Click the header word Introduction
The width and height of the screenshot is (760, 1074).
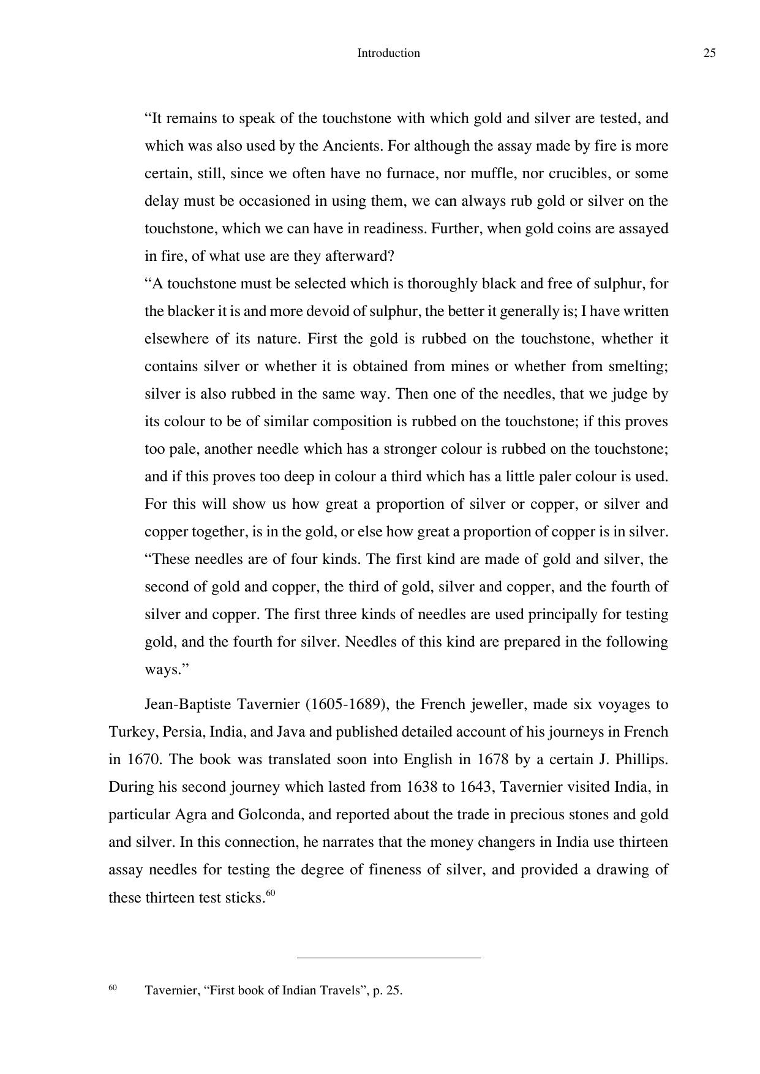[x=388, y=53]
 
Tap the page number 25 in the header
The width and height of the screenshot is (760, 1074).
[x=709, y=53]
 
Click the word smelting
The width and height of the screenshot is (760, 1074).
[x=638, y=367]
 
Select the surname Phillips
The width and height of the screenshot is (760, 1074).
[x=642, y=760]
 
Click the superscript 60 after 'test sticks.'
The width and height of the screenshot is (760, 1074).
[x=271, y=893]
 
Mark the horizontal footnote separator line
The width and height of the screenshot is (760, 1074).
[x=388, y=957]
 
